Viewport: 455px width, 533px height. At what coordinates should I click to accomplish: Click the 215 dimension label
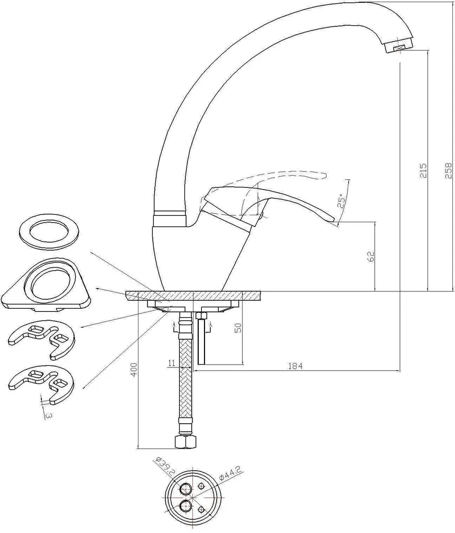click(422, 170)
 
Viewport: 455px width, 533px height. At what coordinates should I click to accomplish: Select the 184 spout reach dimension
click(295, 366)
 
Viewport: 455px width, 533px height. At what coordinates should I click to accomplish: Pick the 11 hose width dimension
click(172, 363)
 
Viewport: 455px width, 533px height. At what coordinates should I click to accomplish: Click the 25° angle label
click(342, 201)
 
